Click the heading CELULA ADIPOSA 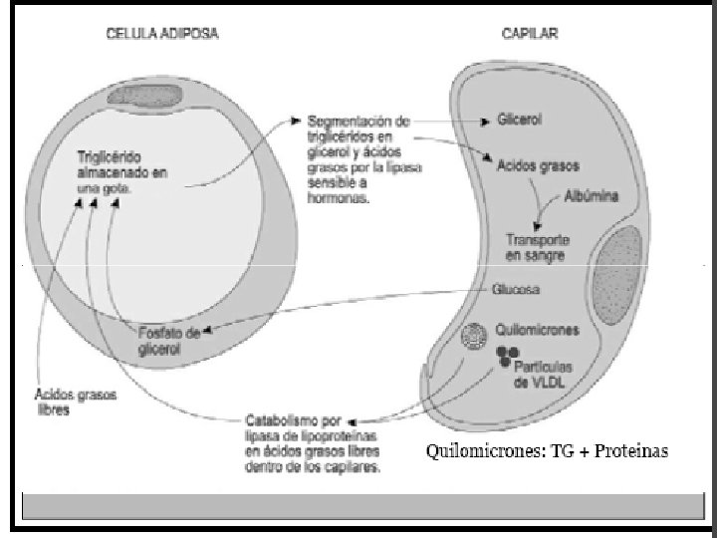click(x=162, y=33)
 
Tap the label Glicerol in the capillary click(x=519, y=120)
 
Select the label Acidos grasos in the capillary click(x=538, y=165)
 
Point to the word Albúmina click(x=591, y=195)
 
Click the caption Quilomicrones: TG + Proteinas click(x=547, y=451)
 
